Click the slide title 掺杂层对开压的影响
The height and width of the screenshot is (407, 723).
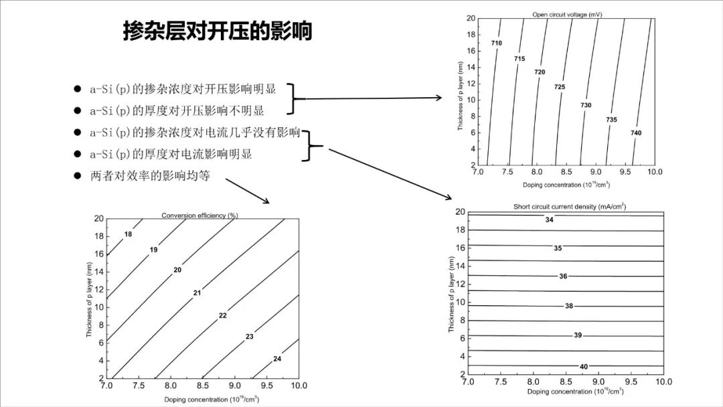(218, 31)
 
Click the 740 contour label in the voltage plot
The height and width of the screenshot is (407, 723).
(636, 133)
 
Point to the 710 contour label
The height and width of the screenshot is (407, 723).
(496, 44)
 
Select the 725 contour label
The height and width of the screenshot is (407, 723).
(560, 87)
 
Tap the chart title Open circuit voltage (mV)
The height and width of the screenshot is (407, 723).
(564, 14)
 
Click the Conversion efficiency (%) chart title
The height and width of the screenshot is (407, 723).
(200, 216)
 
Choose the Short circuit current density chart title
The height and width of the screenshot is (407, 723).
(570, 207)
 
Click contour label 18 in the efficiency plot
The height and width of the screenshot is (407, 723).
(129, 234)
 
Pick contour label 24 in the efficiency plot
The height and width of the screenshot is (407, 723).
(277, 359)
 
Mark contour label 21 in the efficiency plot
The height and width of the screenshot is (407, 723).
(197, 293)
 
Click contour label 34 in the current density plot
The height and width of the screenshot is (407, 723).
(550, 220)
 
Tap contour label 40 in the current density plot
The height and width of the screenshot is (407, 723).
(584, 367)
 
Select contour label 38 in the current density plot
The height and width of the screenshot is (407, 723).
(569, 306)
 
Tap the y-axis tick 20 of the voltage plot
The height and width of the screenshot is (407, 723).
(471, 19)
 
